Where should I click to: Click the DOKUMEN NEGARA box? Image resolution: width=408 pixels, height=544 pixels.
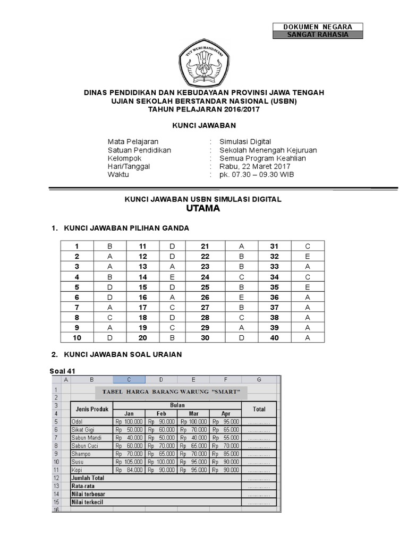(x=318, y=27)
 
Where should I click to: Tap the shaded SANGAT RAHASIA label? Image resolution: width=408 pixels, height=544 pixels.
(x=318, y=35)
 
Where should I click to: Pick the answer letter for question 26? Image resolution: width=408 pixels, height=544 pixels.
(x=242, y=297)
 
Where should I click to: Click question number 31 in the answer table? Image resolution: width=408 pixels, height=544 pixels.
(x=274, y=246)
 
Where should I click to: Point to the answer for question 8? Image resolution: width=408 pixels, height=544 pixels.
(x=110, y=317)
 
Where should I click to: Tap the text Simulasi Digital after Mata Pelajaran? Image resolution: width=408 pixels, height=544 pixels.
(x=245, y=141)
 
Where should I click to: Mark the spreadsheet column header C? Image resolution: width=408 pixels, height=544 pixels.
(x=129, y=379)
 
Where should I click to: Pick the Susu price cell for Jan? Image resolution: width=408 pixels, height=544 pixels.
(x=129, y=462)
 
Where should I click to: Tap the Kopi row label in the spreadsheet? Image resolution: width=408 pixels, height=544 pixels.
(x=77, y=470)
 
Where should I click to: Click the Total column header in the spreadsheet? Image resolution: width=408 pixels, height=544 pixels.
(x=259, y=409)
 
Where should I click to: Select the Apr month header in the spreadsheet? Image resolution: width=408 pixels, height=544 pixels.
(x=225, y=413)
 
